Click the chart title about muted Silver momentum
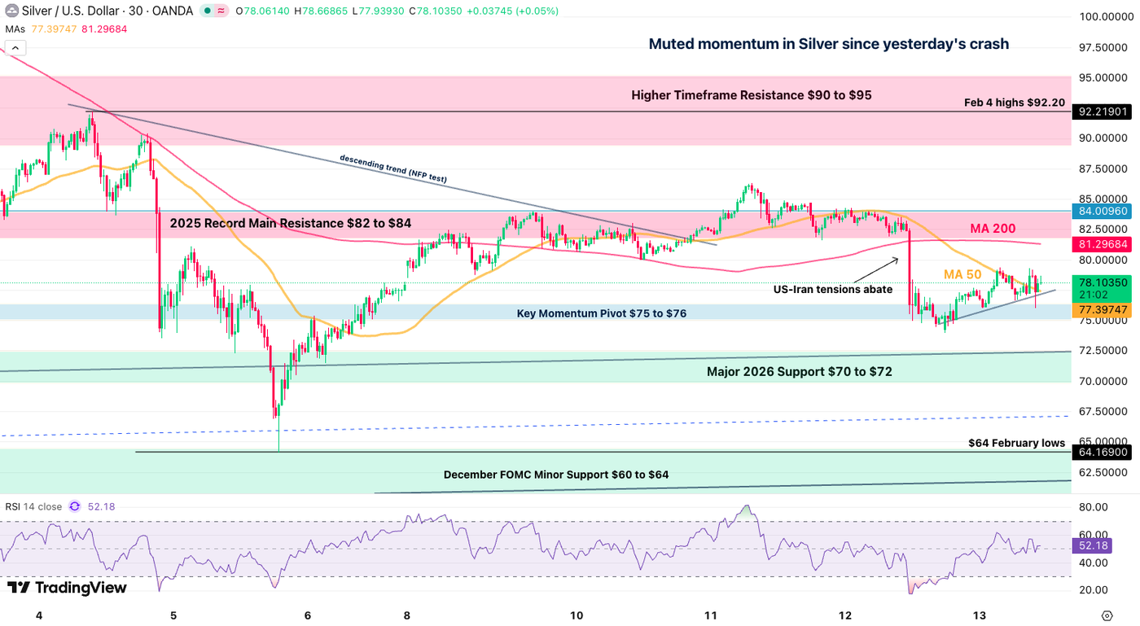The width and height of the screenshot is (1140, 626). point(828,44)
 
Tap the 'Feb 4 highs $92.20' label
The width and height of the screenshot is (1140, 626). point(1014,103)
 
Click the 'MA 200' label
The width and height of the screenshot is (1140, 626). point(993,229)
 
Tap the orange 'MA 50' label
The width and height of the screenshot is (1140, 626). point(962,274)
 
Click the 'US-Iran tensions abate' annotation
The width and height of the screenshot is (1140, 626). point(832,289)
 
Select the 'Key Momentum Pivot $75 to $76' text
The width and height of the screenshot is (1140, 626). point(601,313)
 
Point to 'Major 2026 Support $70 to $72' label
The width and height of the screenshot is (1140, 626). point(799,372)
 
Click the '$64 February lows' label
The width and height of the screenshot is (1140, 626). point(1016,444)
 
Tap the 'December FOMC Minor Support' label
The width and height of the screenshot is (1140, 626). point(555,475)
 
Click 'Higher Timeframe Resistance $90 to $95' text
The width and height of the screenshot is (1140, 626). point(751,95)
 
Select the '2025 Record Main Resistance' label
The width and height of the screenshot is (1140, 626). point(290,222)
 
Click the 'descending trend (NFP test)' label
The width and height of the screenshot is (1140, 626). point(392,168)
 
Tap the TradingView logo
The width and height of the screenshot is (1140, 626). point(67,588)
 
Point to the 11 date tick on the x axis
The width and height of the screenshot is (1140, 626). point(711,615)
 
